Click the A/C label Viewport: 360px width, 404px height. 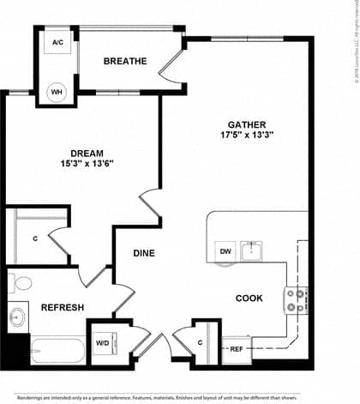point(58,42)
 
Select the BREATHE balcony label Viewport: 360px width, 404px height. point(126,61)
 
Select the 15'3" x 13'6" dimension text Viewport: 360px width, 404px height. point(87,165)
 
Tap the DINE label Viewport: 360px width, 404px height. point(144,254)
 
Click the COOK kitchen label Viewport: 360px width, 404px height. point(249,298)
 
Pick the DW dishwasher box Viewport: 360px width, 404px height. point(225,251)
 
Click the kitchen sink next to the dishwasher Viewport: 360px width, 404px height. point(251,251)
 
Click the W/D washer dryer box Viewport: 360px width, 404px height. point(102,343)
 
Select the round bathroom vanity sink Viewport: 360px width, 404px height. point(17,318)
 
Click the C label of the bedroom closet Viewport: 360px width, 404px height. point(35,239)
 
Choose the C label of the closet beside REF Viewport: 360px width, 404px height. point(200,343)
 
